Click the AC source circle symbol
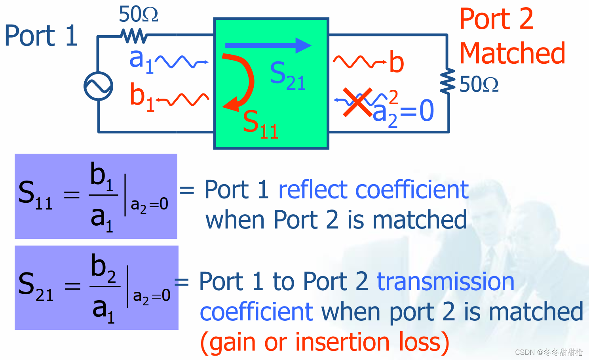coord(99,86)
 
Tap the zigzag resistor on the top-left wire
coord(135,36)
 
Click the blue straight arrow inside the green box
coord(268,46)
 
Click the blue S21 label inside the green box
coord(287,76)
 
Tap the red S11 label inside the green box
coord(260,124)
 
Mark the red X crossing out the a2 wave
coord(357,102)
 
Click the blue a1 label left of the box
coord(141,61)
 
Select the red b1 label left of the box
coord(142,97)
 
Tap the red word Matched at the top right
coord(512,53)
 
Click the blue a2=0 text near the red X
coord(403,112)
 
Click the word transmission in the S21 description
coord(445,282)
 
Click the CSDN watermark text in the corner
coord(548,352)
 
